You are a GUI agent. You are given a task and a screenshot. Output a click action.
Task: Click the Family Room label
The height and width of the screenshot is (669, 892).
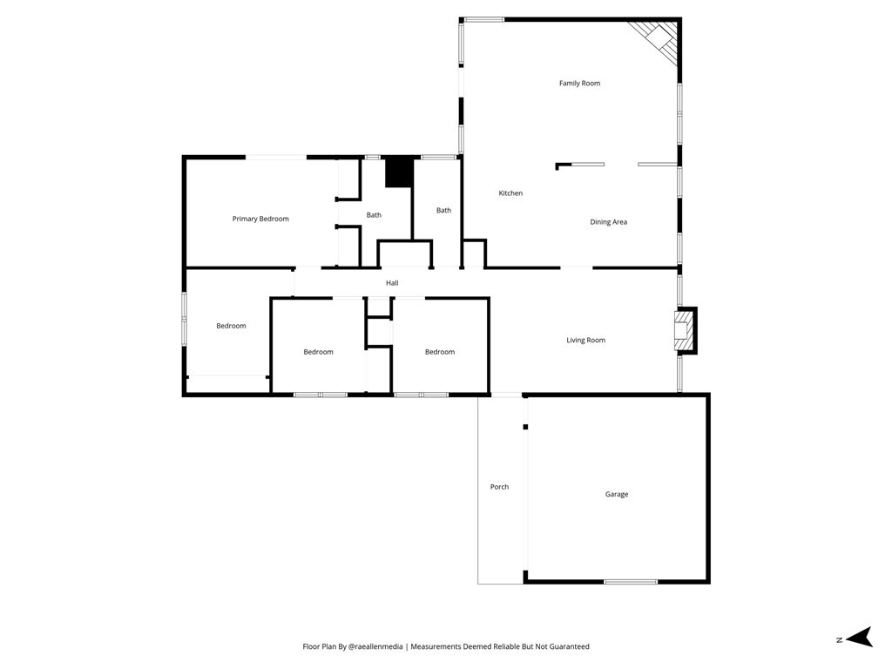tap(579, 83)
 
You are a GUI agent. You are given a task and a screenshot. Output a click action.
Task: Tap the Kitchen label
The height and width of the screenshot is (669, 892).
tap(510, 193)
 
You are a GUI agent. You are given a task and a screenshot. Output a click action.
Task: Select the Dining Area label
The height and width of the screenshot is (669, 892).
tap(608, 222)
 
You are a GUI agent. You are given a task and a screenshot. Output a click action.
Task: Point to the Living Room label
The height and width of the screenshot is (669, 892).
tap(585, 341)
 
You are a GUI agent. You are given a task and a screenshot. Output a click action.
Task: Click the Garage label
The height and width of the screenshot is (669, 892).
tap(616, 495)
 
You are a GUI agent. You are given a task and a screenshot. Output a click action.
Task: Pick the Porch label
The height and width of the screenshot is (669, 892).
tap(499, 487)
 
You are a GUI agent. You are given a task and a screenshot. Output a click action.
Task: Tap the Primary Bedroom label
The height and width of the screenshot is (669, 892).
tap(260, 219)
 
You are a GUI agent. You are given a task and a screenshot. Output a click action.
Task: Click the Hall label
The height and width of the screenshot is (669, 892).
tap(392, 283)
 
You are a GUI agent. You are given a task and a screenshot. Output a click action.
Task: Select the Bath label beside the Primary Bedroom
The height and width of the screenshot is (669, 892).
tap(374, 215)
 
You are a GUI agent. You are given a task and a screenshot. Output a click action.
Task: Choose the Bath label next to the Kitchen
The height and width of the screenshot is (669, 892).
tap(443, 211)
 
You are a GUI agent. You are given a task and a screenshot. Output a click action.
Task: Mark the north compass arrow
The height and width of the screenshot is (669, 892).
tap(860, 637)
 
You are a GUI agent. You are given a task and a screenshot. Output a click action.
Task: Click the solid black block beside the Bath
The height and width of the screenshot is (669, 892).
tap(398, 172)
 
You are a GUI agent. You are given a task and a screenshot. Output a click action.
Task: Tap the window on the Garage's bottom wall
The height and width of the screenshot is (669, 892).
tap(631, 581)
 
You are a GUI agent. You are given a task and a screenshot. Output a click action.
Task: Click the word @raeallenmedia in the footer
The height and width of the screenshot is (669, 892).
tap(375, 646)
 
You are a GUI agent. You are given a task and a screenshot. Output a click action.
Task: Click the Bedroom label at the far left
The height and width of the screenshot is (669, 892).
tap(231, 326)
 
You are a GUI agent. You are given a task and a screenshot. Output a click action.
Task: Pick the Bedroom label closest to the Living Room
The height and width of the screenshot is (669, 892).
tap(440, 352)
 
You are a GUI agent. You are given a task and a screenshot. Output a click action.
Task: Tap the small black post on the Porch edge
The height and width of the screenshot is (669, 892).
tap(525, 427)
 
